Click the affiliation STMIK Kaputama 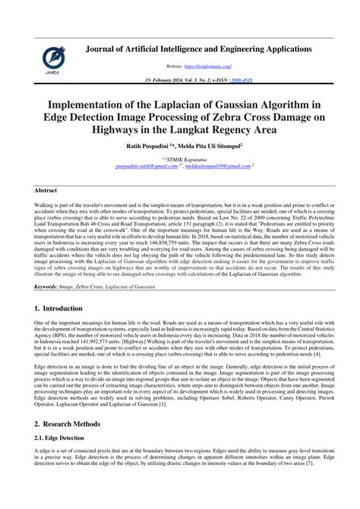(182, 159)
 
